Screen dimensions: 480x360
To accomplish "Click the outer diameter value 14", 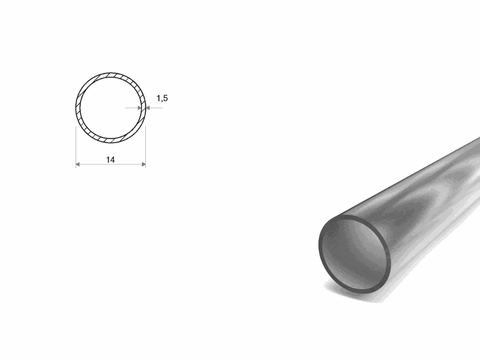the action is [110, 160].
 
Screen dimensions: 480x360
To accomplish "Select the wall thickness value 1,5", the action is [162, 98].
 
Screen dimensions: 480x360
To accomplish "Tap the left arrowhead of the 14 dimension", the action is [78, 165].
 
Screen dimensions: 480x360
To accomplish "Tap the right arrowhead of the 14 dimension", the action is [143, 165].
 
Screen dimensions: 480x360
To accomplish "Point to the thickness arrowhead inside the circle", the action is [140, 108].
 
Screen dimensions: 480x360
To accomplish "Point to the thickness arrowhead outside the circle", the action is [148, 108].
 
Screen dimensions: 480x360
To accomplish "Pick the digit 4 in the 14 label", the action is [112, 160].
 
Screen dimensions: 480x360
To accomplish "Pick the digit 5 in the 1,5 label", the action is [165, 98].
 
